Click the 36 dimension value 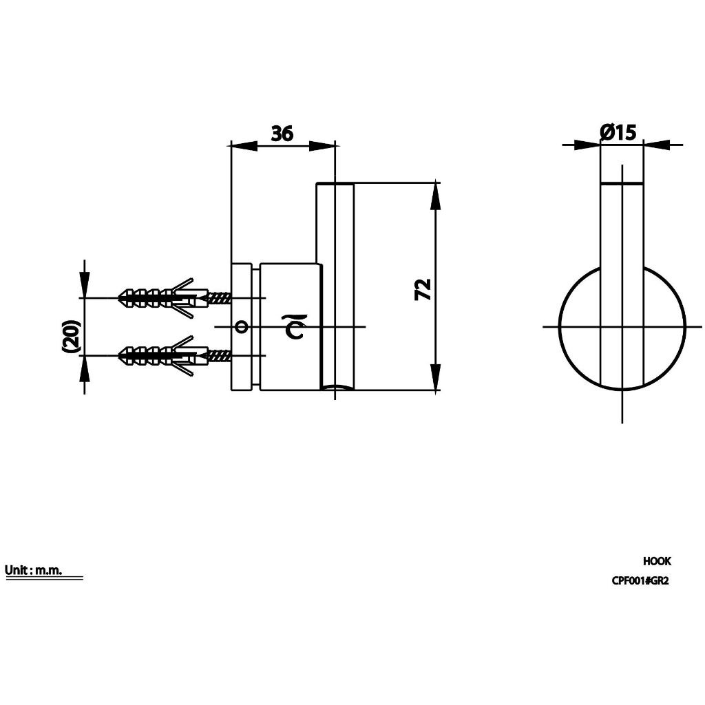pos(282,133)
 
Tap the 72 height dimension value pos(423,290)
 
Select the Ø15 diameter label pos(618,132)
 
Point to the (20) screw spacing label pos(72,335)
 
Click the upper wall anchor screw pos(174,297)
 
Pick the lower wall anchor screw pos(174,356)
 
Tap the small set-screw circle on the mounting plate pos(242,326)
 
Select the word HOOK pos(657,561)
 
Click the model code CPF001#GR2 pos(640,581)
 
